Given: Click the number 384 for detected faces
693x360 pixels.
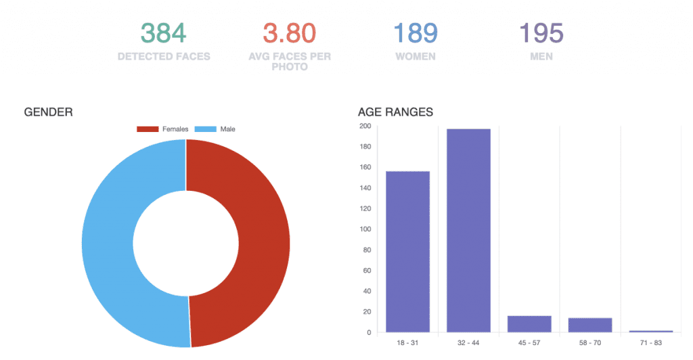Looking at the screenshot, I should (164, 33).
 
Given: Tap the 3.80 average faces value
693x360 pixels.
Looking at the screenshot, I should (290, 33).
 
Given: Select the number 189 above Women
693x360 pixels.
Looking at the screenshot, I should (416, 33).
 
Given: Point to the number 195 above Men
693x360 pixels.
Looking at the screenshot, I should (541, 33).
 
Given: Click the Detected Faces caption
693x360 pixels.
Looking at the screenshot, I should (164, 57).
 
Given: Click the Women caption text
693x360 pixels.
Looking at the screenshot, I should (416, 57).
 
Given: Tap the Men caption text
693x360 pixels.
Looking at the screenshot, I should (541, 57).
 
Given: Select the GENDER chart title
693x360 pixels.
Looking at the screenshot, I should (48, 112).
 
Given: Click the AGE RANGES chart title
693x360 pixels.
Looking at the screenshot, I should (395, 112).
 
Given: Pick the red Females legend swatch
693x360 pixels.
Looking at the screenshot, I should (148, 129).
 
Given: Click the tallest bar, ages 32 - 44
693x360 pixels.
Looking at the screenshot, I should (468, 230).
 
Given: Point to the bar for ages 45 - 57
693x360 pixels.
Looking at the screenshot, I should (529, 324).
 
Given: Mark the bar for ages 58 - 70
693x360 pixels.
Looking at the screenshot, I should (590, 325).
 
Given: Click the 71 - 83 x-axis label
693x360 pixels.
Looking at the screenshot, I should (651, 343).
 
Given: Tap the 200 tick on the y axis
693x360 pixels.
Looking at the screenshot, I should (365, 126).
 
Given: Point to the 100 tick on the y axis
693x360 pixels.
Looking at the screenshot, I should (365, 229).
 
